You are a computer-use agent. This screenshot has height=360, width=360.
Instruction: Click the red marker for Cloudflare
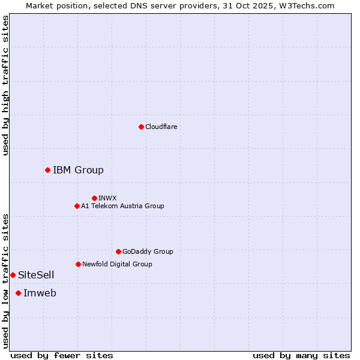point(141,127)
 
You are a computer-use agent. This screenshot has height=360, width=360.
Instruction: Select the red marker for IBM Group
point(47,170)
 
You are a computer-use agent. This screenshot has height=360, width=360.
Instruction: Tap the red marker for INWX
point(94,198)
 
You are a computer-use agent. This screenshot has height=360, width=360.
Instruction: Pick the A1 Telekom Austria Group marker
point(77,206)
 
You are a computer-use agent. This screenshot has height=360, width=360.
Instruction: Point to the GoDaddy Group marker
point(118,251)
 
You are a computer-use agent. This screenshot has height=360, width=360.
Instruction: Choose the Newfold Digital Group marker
point(78,264)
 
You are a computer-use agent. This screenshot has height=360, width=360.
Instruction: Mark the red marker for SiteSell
point(13,275)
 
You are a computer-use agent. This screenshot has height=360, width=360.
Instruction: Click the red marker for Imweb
point(18,293)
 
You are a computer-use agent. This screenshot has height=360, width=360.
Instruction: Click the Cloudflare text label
point(161,127)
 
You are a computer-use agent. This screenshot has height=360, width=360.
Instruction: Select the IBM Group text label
point(78,170)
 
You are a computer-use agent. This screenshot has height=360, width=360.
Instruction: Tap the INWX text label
point(107,198)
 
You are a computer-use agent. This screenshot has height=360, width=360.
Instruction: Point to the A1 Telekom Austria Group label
point(122,206)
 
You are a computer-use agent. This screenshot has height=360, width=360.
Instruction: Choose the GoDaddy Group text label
point(148,251)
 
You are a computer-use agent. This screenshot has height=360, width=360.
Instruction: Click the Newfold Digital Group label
point(117,264)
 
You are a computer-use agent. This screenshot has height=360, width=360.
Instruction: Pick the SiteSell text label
point(36,275)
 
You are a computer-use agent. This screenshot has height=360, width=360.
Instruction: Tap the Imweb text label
point(40,293)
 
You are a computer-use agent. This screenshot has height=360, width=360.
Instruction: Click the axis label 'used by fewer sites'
point(62,355)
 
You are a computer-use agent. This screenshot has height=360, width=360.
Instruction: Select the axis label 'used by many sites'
point(301,355)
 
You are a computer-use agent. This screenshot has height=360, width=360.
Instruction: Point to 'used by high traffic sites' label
point(5,85)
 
